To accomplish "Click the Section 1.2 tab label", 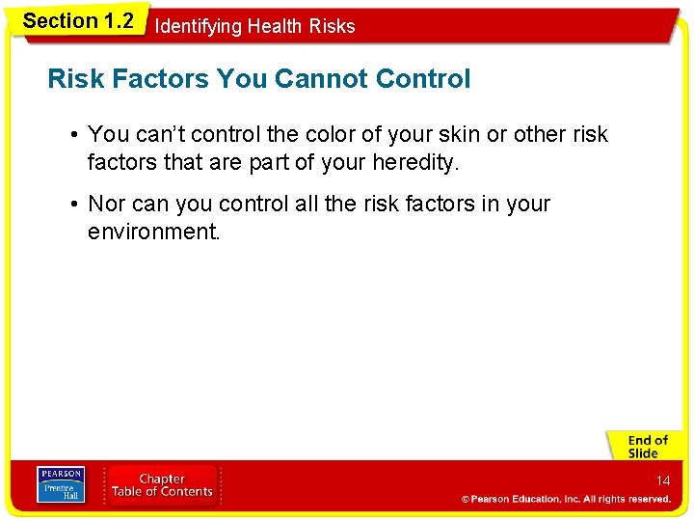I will point(78,21).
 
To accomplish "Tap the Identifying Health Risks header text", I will point(254,26).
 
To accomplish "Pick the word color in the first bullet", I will point(344,134).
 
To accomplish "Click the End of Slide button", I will point(648,447).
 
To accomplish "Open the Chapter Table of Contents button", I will point(162,484).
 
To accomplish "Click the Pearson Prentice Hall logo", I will point(60,484).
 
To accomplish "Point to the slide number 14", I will point(663,480).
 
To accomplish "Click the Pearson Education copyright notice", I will point(566,499).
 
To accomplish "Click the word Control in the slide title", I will point(427,79).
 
